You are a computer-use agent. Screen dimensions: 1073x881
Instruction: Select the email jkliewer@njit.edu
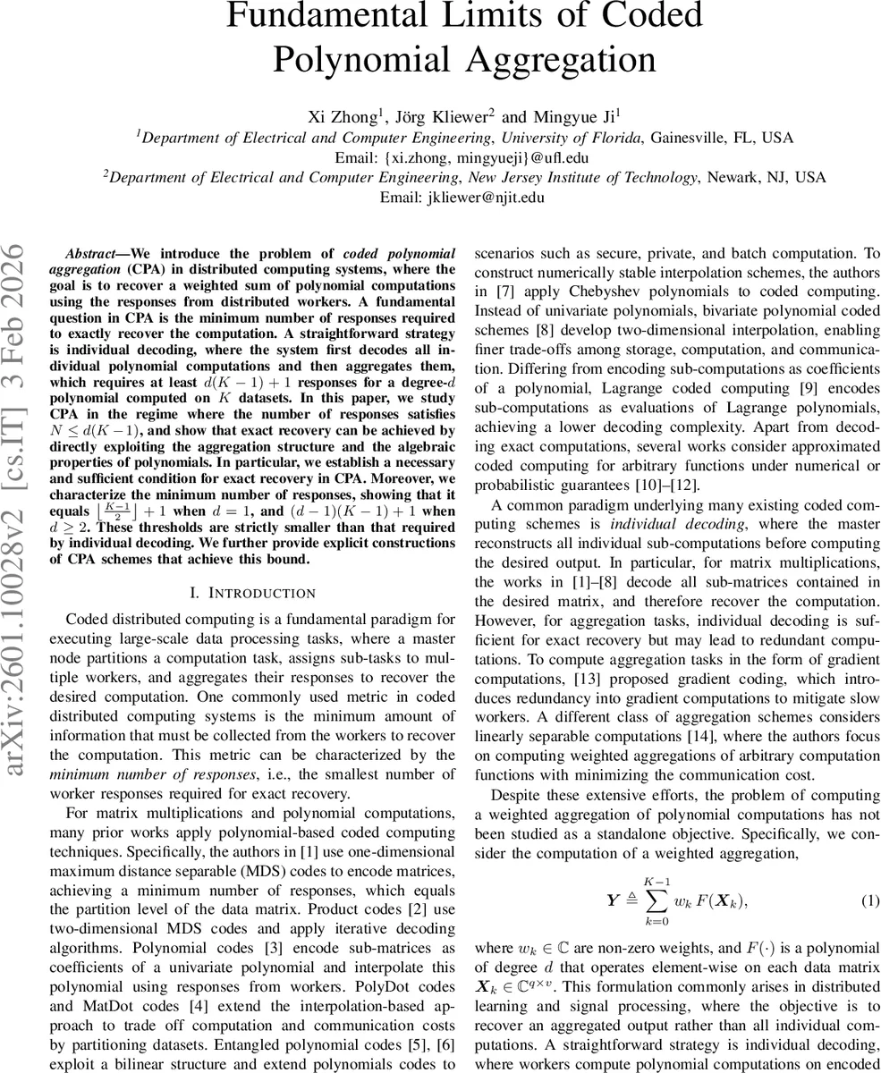pos(486,197)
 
